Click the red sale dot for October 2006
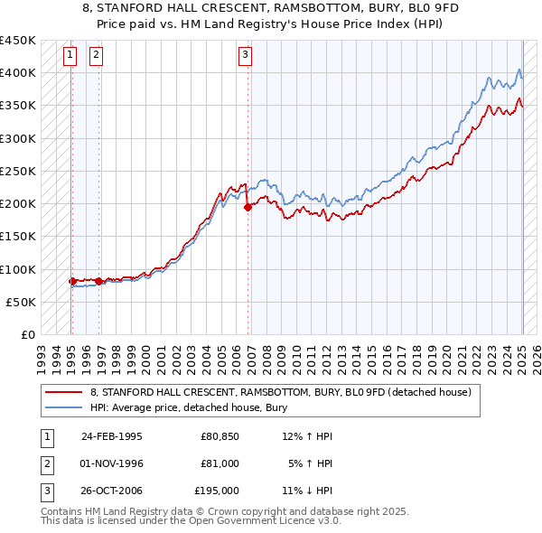(248, 207)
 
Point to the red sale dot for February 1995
(71, 281)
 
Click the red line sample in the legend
(64, 393)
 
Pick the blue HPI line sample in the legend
(64, 407)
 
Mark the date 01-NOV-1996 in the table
(113, 463)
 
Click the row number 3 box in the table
(44, 491)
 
